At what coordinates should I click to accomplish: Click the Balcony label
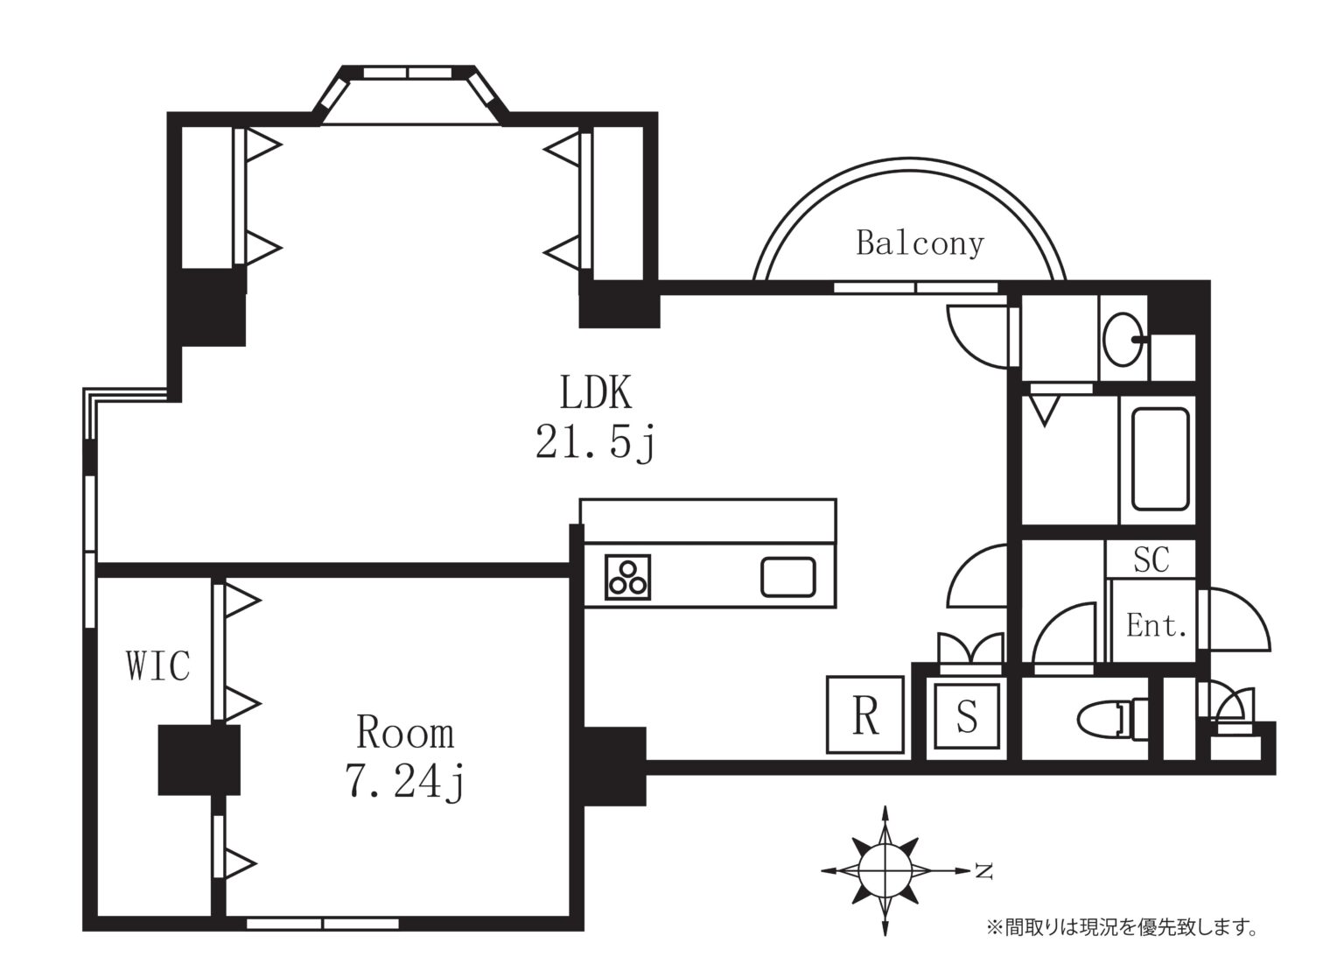920,243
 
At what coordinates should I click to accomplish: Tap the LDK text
595,392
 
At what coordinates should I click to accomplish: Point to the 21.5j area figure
596,443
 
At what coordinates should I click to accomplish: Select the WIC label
158,665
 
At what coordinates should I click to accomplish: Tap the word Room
406,732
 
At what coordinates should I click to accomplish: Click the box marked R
865,714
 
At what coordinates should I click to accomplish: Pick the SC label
1151,559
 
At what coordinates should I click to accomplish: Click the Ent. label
1156,625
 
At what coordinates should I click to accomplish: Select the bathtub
1160,460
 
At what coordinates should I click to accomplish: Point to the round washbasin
1123,339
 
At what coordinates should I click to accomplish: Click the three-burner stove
627,577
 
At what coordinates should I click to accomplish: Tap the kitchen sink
787,577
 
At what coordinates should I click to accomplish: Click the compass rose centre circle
885,870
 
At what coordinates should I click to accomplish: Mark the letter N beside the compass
983,870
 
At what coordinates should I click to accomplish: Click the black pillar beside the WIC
199,759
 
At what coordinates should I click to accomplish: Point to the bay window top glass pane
408,73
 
